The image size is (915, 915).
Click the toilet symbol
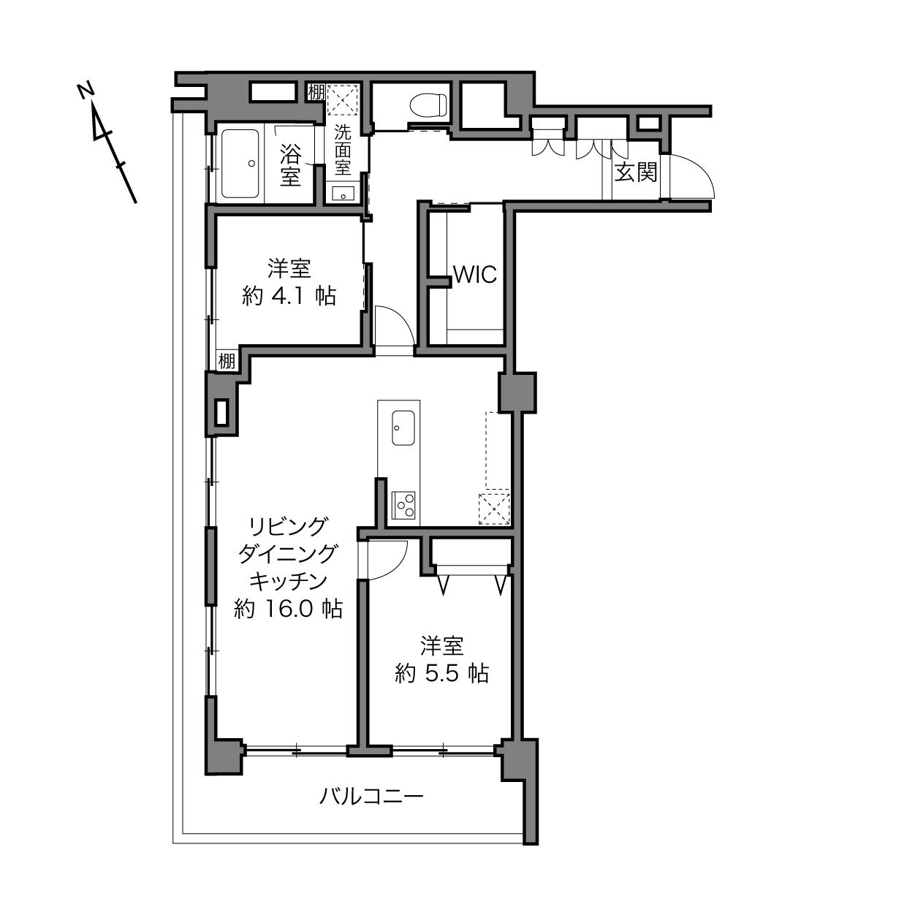(429, 105)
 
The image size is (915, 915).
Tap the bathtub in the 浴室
(240, 164)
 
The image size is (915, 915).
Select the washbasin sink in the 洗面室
(343, 194)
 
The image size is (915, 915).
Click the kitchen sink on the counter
(403, 428)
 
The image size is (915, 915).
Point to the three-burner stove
(403, 505)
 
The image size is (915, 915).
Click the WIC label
(475, 275)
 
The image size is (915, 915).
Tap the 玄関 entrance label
(636, 172)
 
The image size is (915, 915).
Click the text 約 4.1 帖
(289, 297)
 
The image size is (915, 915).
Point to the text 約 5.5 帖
(441, 673)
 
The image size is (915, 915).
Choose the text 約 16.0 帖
(288, 609)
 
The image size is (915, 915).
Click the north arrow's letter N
(86, 91)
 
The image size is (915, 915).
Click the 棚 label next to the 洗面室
(316, 92)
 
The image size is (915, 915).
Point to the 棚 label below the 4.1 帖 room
(227, 361)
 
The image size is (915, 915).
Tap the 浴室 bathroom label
(290, 164)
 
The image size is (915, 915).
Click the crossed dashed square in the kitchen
(494, 509)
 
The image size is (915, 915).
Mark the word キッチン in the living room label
(288, 581)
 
